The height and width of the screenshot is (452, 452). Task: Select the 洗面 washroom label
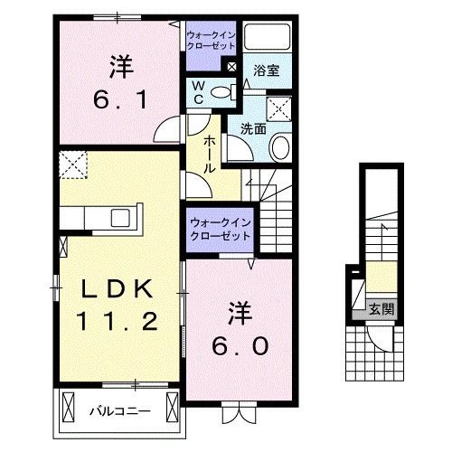click(x=252, y=128)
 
